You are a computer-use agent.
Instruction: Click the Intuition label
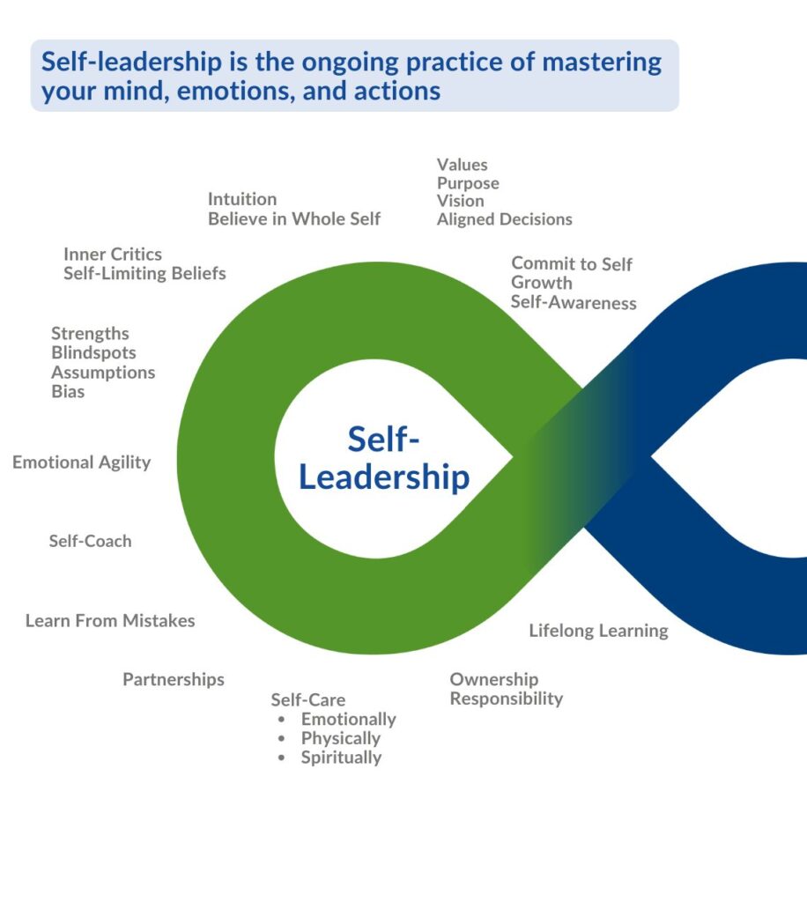(242, 199)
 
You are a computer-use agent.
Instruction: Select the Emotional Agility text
(82, 462)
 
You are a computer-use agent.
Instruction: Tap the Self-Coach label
(90, 541)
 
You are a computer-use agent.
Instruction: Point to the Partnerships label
(174, 679)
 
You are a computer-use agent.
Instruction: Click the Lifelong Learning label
(598, 631)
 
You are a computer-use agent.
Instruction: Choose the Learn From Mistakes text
(110, 620)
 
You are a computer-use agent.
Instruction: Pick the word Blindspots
(93, 352)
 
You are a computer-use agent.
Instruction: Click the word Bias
(68, 391)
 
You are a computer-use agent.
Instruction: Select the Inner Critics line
(113, 254)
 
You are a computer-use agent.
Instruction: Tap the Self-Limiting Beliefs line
(144, 273)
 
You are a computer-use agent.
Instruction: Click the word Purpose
(468, 183)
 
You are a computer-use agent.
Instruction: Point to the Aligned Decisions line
(505, 219)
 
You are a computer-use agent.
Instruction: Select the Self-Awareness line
(574, 303)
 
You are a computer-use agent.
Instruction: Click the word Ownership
(494, 679)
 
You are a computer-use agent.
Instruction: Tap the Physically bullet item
(341, 738)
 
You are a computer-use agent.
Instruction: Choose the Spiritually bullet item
(341, 758)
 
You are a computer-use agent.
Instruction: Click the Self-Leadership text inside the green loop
(384, 458)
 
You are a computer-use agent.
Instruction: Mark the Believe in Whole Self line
(294, 218)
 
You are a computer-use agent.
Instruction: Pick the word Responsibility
(507, 699)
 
